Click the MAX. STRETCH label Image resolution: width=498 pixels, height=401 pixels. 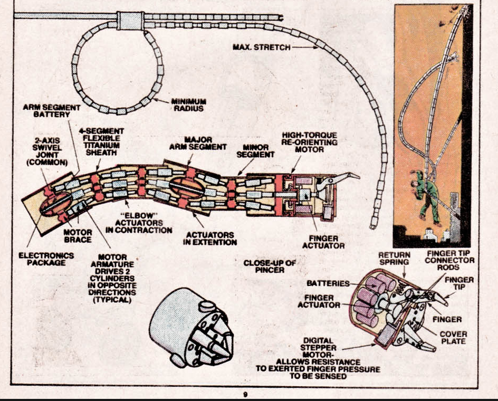click(x=261, y=47)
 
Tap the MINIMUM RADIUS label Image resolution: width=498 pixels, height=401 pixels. click(x=189, y=105)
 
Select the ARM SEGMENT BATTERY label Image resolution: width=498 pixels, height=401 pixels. click(x=52, y=111)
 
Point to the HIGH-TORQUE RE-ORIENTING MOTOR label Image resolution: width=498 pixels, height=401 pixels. click(x=309, y=142)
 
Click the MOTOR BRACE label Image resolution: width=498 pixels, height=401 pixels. click(x=78, y=236)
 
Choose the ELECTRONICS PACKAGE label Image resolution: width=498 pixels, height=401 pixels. click(x=46, y=259)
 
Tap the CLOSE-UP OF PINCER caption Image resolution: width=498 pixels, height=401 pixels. click(x=270, y=266)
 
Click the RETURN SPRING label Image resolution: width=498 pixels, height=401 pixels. click(x=395, y=259)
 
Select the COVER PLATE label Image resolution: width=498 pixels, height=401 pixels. click(x=454, y=338)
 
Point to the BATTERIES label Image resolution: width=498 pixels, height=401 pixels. click(x=328, y=283)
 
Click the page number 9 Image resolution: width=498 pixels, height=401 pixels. click(x=245, y=395)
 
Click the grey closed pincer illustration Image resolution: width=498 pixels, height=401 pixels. click(x=191, y=327)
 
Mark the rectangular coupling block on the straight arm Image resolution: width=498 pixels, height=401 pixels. click(x=130, y=21)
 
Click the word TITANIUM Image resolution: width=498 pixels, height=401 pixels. click(x=102, y=146)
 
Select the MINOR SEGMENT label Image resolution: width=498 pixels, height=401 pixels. click(x=255, y=151)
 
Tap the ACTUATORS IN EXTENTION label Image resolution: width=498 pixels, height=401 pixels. click(x=210, y=238)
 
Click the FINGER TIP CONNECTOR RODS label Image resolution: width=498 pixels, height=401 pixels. click(x=449, y=260)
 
